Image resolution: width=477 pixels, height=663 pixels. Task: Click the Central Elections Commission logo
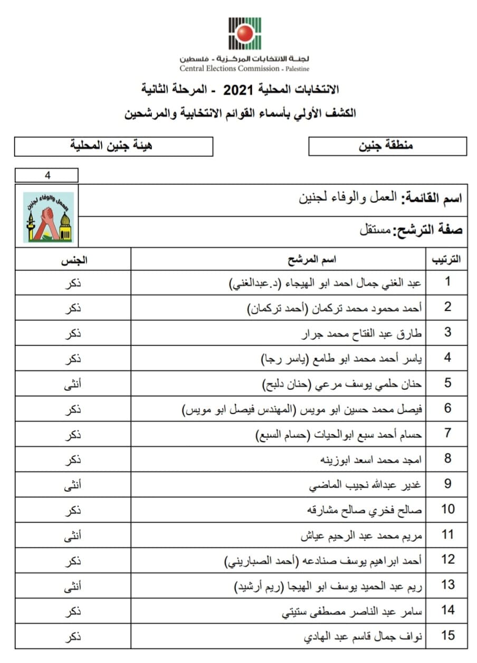pos(244,33)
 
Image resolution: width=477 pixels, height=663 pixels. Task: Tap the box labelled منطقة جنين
pos(387,146)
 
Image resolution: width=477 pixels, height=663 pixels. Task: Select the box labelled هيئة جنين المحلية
pos(114,146)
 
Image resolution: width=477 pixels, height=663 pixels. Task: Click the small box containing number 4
pos(47,175)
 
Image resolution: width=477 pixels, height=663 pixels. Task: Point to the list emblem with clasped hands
pos(47,217)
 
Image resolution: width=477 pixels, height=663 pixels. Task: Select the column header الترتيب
pos(446,259)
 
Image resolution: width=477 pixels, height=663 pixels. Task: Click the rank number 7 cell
pos(447,433)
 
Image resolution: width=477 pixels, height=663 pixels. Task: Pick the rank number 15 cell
pos(447,636)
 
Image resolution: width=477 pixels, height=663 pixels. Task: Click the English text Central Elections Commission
pos(230,69)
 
